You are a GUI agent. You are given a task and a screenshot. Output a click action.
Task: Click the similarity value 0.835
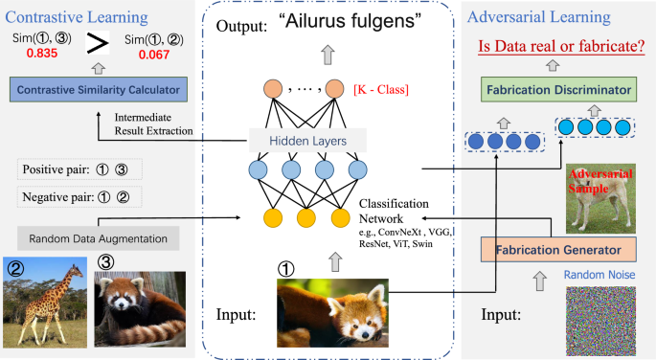click(35, 56)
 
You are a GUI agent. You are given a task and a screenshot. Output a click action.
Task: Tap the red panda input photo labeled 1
click(332, 311)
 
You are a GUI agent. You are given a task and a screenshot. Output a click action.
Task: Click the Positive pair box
click(79, 170)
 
